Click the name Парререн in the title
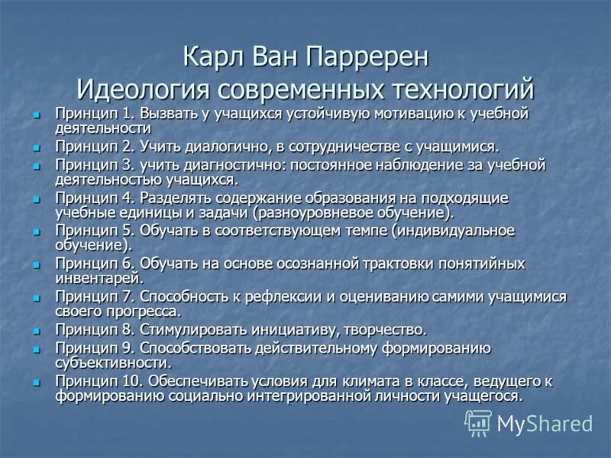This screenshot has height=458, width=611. pyautogui.click(x=369, y=57)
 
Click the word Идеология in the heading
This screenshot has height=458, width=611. pyautogui.click(x=144, y=89)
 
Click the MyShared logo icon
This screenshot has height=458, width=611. pyautogui.click(x=478, y=421)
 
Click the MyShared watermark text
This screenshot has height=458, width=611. pyautogui.click(x=545, y=423)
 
